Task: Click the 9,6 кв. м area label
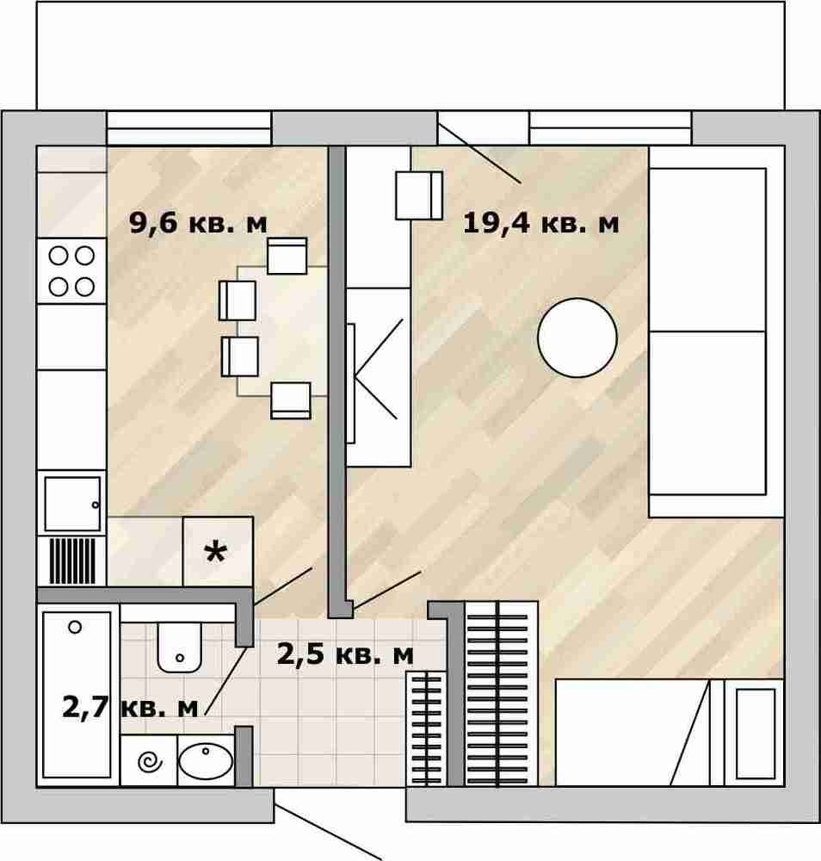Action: tap(198, 224)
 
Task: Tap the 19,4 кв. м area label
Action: tap(541, 224)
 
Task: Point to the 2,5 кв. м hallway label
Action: tap(345, 654)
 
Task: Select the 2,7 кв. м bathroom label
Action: tap(130, 707)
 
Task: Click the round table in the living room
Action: tap(577, 338)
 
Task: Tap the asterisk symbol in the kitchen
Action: tap(215, 553)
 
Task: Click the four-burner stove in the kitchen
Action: tap(71, 271)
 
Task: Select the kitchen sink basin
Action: tap(72, 504)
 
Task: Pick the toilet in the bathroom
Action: tap(179, 647)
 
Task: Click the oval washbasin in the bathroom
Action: tap(206, 760)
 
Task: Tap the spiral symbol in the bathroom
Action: tap(150, 762)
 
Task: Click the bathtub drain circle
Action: tap(75, 627)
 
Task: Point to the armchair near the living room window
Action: tap(419, 195)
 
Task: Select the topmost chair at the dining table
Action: tap(287, 256)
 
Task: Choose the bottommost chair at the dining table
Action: tap(291, 400)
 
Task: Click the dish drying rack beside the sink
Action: tap(72, 561)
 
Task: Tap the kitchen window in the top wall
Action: tap(188, 128)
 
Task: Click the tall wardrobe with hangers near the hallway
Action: tap(501, 693)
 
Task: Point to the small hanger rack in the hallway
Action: tap(426, 728)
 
